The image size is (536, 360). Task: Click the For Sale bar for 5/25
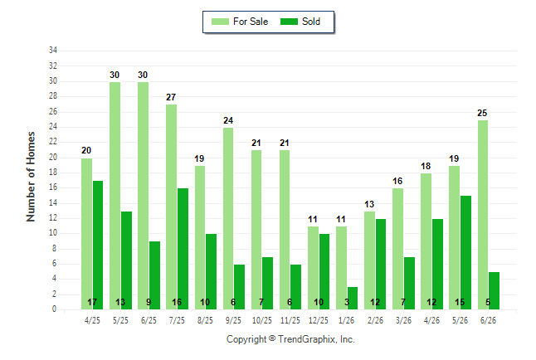115,196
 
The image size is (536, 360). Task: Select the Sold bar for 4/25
98,246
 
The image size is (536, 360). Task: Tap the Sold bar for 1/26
352,298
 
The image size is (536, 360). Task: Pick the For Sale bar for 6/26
483,215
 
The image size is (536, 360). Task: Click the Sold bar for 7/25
183,249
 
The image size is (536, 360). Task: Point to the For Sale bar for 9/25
228,218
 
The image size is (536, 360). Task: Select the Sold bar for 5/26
466,253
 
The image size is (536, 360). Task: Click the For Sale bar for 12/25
313,268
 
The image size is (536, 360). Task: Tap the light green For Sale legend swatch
220,22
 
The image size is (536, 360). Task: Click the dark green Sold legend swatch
290,22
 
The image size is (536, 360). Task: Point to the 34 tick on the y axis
53,51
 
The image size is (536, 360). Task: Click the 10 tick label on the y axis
53,233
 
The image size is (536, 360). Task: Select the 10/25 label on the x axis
262,320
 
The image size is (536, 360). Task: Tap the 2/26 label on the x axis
375,320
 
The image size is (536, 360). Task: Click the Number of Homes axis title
31,177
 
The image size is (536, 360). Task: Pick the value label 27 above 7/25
171,97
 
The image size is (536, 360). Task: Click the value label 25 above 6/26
482,113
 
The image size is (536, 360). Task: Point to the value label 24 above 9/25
228,120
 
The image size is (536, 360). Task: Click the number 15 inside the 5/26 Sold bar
460,302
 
